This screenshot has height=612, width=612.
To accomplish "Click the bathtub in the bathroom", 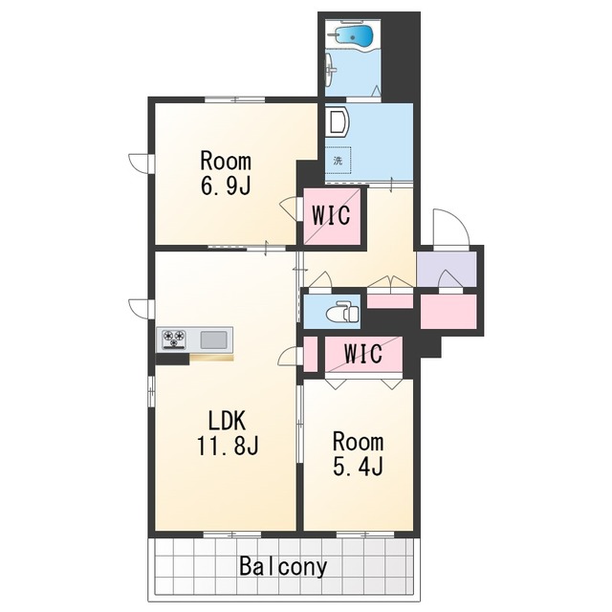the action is coord(354,36).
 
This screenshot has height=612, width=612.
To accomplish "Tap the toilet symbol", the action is coord(342,312).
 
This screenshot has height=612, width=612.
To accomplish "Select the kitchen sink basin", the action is coord(213,339).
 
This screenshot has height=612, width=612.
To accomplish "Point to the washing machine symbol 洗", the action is coord(338,160).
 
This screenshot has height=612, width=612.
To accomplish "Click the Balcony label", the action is coord(283,566).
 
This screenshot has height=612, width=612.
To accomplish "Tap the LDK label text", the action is coord(227,421).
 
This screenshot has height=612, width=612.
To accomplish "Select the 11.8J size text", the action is coord(228,446).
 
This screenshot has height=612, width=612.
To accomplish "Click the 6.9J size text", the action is coord(226,186).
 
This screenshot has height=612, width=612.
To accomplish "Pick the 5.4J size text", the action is coord(358,466).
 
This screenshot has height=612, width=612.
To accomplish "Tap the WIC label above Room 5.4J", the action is coord(362,354).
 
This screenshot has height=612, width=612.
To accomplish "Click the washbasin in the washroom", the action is coord(336,121).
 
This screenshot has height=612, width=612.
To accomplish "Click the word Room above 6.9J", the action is coord(226,162).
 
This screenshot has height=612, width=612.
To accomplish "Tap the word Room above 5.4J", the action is coord(358,442).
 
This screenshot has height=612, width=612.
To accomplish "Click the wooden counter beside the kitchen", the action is coord(211,358).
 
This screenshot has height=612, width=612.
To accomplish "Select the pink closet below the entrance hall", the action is coord(448,312).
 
